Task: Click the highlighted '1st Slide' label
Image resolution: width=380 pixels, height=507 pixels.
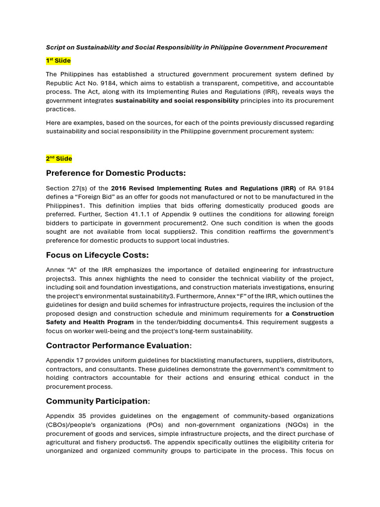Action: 58,61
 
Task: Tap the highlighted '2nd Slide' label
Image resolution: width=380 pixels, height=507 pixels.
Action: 59,159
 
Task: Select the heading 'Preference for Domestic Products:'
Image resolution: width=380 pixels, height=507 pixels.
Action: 116,173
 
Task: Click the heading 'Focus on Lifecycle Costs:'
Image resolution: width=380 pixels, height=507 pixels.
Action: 97,255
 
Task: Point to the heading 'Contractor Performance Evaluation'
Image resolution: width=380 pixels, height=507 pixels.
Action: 117,346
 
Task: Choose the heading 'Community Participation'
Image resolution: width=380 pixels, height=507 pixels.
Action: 97,401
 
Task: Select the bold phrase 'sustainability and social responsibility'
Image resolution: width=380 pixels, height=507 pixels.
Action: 177,101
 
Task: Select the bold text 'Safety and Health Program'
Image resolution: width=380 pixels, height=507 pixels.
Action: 90,322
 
